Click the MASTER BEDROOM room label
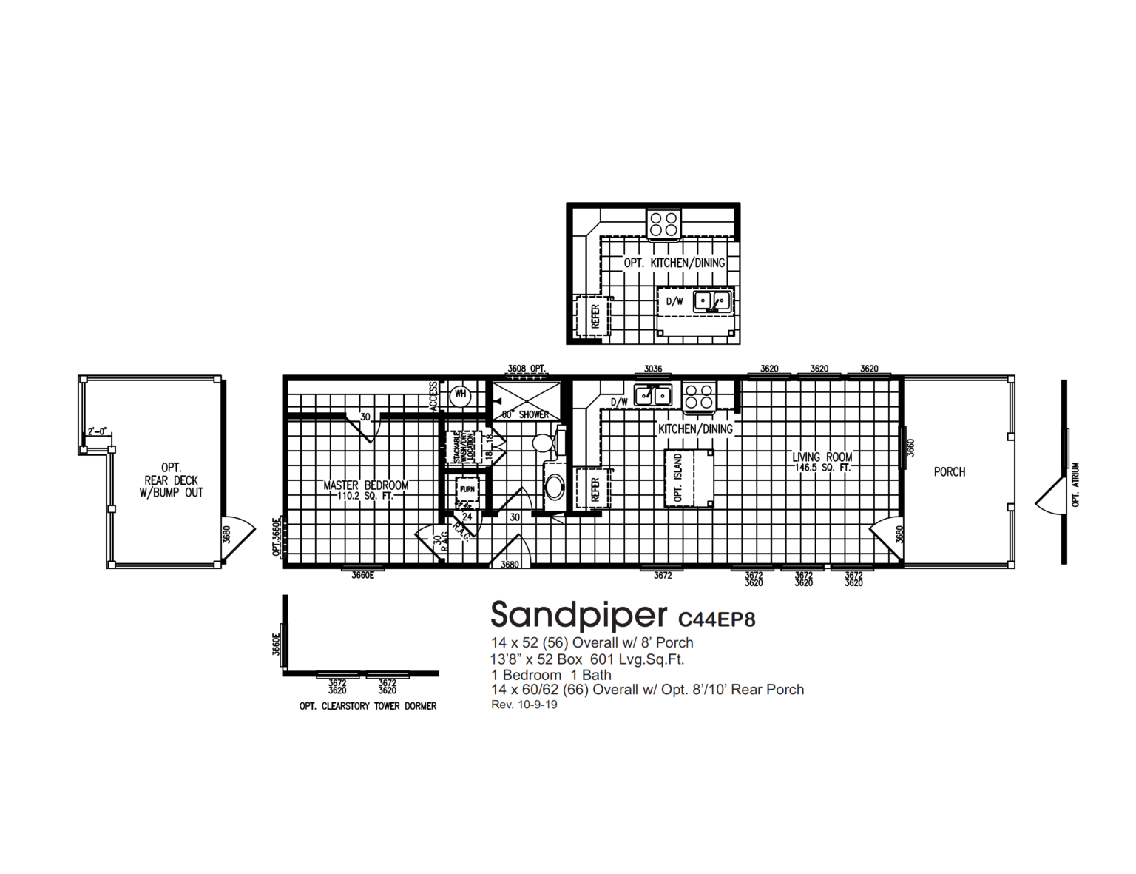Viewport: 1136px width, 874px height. click(x=365, y=486)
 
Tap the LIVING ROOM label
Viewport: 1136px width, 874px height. click(x=822, y=457)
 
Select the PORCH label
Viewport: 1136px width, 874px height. click(x=949, y=471)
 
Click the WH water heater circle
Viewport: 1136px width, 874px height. click(x=460, y=394)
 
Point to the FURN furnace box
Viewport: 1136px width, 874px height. click(x=467, y=490)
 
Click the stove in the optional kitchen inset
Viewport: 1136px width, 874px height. click(x=663, y=224)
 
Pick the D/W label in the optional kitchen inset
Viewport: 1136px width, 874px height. click(x=674, y=301)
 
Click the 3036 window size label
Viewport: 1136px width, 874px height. click(x=652, y=369)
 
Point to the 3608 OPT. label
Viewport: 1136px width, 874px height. click(x=526, y=369)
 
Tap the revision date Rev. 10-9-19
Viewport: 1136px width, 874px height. click(x=524, y=705)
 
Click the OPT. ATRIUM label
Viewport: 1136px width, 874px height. click(x=1076, y=485)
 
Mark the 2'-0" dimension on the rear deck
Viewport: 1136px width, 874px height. click(x=98, y=431)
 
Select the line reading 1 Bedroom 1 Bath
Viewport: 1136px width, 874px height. click(x=551, y=674)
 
